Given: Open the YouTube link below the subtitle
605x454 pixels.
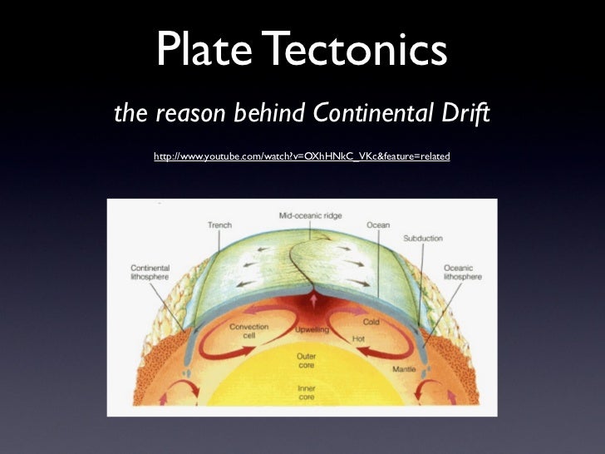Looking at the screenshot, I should click(302, 156).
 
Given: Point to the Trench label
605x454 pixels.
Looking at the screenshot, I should click(219, 225).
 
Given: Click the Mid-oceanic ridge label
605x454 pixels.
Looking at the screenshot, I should click(310, 216).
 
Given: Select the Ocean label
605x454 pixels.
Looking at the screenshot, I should click(378, 225).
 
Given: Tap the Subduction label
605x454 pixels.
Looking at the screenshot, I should click(423, 239).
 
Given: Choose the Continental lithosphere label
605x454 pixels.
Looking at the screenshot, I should click(150, 274).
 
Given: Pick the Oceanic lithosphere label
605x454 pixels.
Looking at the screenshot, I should click(459, 274).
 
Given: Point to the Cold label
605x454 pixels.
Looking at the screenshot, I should click(371, 322).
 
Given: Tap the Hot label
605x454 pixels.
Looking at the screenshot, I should click(359, 340).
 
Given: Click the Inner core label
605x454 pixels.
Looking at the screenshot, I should click(306, 392).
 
